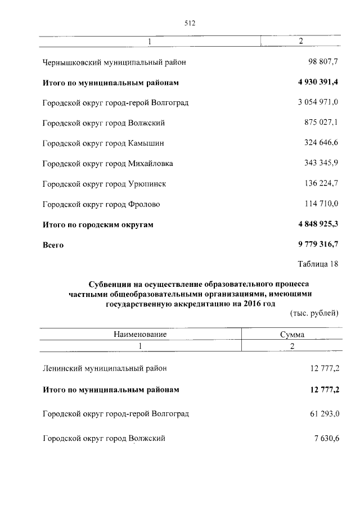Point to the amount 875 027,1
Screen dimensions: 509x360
coord(321,123)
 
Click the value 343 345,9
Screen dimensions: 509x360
coord(321,164)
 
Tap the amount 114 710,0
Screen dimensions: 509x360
coord(321,204)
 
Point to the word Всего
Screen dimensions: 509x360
coord(53,245)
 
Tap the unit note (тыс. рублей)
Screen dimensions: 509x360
coord(314,313)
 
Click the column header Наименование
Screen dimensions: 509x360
coord(140,334)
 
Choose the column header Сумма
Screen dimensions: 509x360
coord(292,334)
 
